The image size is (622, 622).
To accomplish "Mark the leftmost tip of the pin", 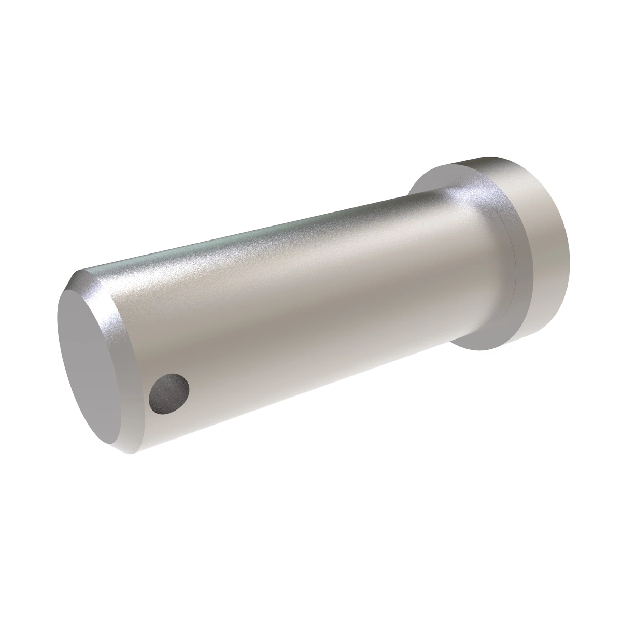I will pos(55,332).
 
